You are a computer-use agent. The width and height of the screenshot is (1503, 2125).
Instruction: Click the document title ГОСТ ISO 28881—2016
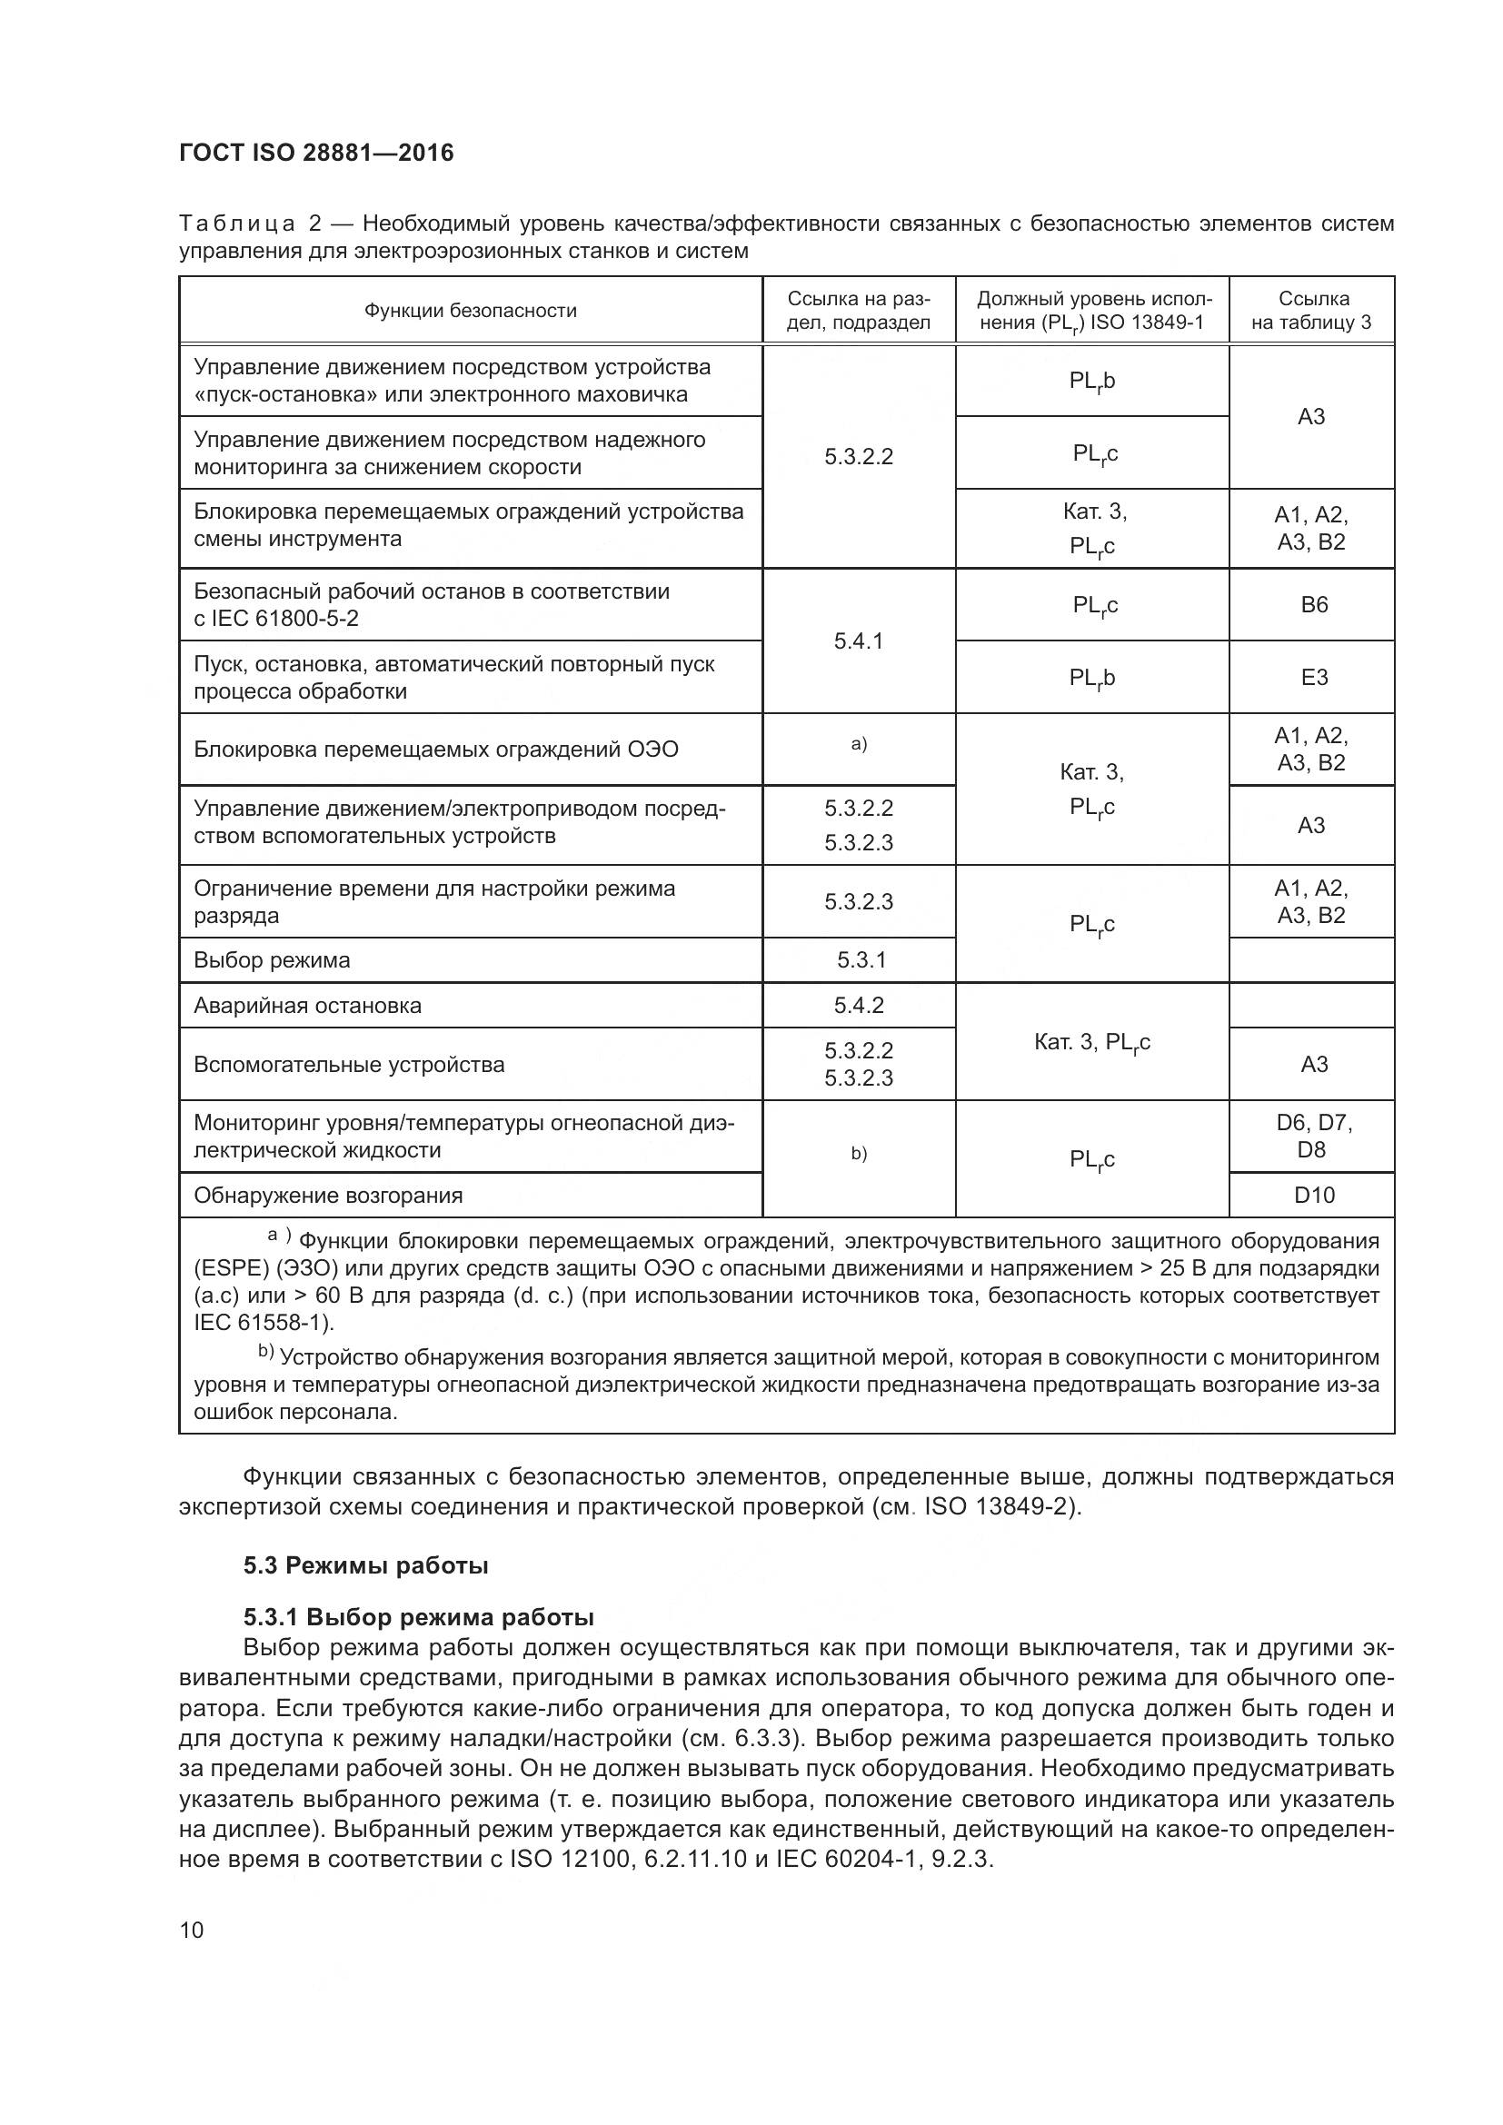coord(316,153)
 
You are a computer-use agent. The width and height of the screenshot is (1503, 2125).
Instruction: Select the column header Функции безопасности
coord(470,311)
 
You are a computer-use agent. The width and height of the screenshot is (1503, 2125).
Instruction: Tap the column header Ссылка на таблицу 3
coord(1311,311)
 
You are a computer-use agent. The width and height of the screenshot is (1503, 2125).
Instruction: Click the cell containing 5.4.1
coord(858,641)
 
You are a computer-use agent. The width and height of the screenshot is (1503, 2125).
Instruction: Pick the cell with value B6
coord(1313,605)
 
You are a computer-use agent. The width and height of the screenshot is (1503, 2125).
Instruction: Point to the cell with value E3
coord(1313,678)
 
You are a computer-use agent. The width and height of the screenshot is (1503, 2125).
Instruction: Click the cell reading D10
coord(1313,1196)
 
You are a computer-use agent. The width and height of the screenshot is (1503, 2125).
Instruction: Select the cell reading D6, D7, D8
coord(1313,1137)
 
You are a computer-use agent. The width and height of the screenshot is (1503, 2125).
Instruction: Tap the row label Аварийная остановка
coord(307,1006)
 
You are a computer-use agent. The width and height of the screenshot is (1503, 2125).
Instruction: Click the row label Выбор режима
coord(272,960)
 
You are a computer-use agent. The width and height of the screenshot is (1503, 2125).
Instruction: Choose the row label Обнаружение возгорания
coord(328,1196)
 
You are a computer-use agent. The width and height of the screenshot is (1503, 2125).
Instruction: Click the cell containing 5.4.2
coord(858,1006)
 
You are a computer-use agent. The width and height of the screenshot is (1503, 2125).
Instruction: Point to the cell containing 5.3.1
coord(861,960)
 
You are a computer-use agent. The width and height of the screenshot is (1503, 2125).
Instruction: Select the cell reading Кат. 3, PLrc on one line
coord(1092,1043)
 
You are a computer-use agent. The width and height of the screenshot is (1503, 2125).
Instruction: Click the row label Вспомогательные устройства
coord(349,1066)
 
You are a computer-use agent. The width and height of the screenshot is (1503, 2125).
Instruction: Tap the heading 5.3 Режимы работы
coord(365,1566)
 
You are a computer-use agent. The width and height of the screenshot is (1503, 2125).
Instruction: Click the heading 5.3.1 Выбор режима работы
coord(418,1617)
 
